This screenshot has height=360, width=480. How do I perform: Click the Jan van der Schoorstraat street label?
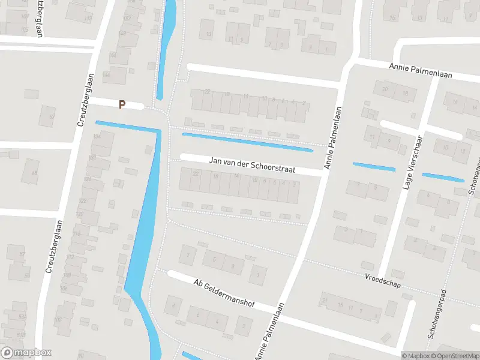[252, 166]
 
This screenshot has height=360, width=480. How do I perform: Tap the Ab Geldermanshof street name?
[224, 293]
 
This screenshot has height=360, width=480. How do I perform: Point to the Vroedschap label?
[383, 280]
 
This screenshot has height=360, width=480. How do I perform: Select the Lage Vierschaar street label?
[412, 163]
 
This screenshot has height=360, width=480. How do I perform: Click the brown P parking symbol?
[122, 104]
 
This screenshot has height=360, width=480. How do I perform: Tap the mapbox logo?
[26, 353]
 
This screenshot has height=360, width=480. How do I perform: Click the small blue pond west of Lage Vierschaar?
[374, 167]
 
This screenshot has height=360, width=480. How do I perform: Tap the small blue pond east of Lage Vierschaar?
[443, 177]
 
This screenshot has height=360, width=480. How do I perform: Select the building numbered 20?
[385, 89]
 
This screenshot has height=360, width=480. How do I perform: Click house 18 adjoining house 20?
[405, 94]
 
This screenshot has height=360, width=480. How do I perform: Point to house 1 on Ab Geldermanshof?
[258, 275]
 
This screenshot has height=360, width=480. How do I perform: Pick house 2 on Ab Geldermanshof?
[244, 326]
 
